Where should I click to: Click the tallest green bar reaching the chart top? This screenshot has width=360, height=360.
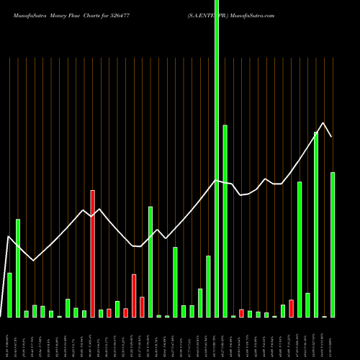(x=217, y=158)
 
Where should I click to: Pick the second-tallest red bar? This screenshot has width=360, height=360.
(x=134, y=295)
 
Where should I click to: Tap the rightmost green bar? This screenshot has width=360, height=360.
(x=333, y=245)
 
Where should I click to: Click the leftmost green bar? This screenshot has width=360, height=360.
(x=9, y=295)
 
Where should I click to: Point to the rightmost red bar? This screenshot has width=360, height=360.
(x=291, y=308)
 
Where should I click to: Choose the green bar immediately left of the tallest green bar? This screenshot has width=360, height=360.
(x=208, y=287)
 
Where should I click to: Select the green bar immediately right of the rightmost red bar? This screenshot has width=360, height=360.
(x=300, y=249)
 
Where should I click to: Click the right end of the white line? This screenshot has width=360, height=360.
(x=332, y=136)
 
